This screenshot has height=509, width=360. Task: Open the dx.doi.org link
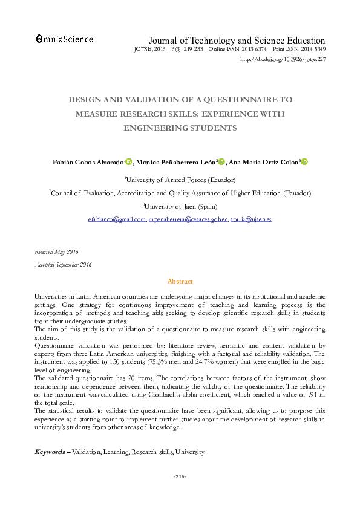283,60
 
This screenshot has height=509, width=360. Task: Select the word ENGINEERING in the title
152,128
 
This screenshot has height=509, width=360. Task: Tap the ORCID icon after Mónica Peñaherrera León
221,161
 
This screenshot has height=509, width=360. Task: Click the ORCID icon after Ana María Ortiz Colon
304,161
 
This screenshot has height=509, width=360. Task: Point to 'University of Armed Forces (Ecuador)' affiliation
180,180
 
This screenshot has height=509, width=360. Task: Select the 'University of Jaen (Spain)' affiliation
180,206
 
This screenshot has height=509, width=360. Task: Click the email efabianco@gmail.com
117,219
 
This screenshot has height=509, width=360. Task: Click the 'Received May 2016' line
56,251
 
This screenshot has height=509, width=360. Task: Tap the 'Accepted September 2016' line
63,265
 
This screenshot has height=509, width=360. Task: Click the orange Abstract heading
180,282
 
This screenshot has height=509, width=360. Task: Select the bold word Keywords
50,452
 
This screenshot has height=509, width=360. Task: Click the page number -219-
180,478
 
